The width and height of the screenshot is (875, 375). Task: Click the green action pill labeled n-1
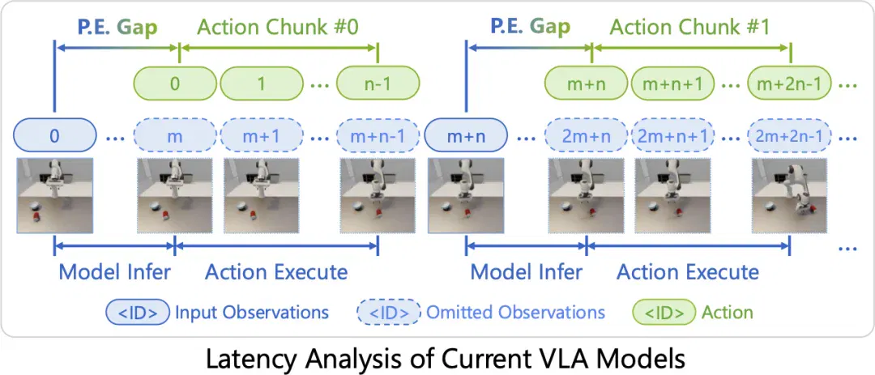[x=378, y=83]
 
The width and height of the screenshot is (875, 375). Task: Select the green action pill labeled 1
[x=261, y=83]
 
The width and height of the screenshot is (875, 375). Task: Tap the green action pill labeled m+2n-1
[x=790, y=83]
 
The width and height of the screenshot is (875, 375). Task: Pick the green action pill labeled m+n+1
[x=673, y=83]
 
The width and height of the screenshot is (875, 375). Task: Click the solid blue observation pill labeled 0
[x=54, y=135]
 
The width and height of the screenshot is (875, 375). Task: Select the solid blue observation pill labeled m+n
[x=466, y=135]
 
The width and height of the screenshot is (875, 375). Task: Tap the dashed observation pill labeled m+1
[x=261, y=135]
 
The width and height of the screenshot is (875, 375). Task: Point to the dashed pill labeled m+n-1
[x=378, y=135]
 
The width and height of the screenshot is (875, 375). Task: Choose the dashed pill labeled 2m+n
[x=586, y=135]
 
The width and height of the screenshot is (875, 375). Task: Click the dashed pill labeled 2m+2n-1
[x=790, y=135]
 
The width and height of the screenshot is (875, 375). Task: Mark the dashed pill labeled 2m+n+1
[x=673, y=135]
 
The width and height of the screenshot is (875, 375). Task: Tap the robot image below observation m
[x=175, y=195]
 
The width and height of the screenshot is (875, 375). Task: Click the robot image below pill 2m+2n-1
[x=790, y=195]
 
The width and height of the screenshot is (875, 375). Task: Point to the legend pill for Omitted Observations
[x=389, y=311]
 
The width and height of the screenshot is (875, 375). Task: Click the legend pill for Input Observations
[x=137, y=311]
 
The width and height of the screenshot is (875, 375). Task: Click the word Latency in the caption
[x=243, y=359]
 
